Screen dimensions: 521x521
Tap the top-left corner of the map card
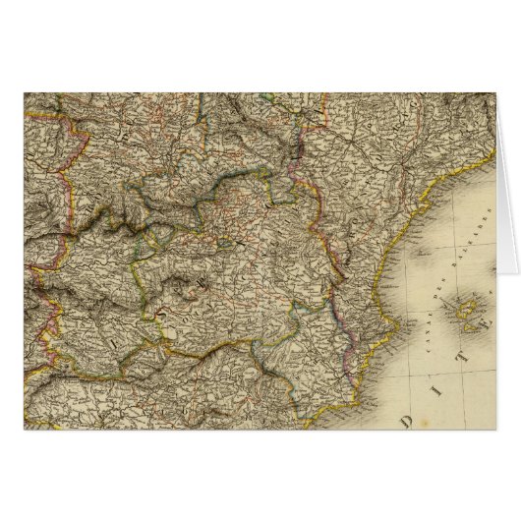(x=24, y=92)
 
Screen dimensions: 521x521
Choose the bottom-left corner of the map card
(x=24, y=429)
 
